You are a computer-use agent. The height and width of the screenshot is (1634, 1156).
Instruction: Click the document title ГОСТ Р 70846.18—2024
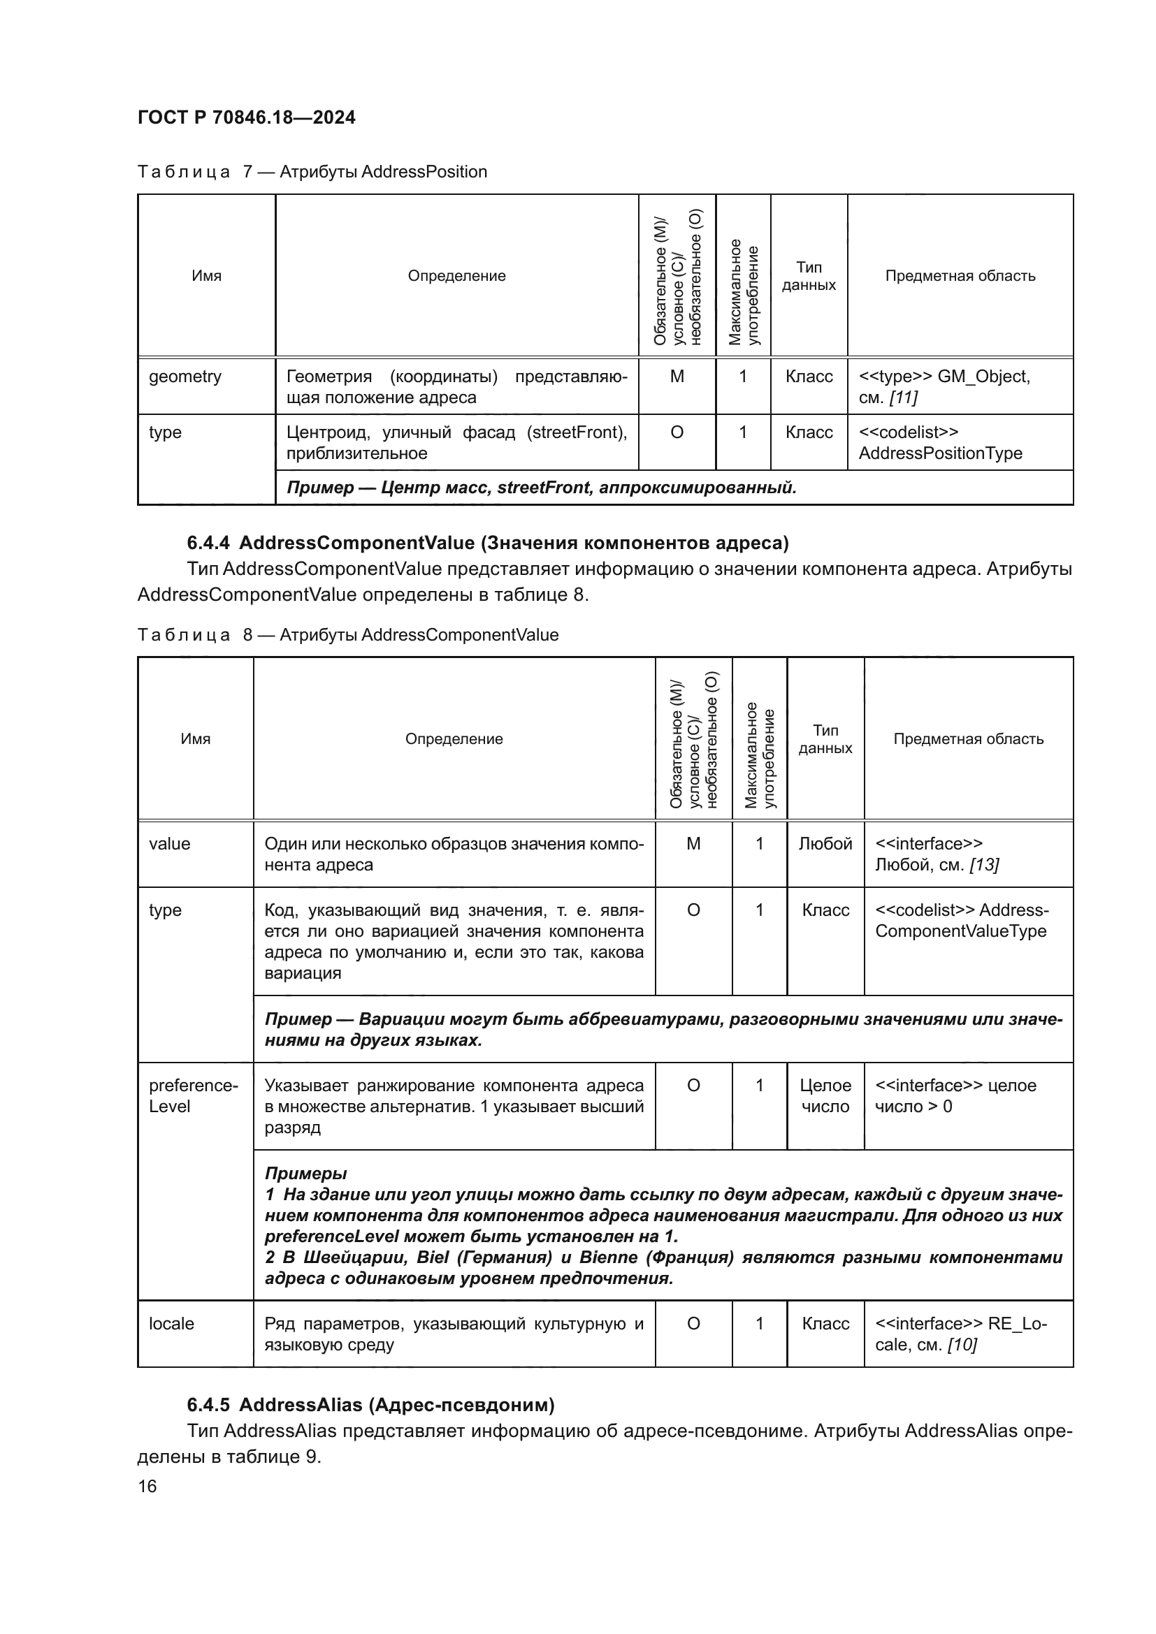pyautogui.click(x=246, y=117)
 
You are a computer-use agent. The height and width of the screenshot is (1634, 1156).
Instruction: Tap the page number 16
pyautogui.click(x=147, y=1486)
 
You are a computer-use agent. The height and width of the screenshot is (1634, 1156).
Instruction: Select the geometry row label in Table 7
pyautogui.click(x=185, y=377)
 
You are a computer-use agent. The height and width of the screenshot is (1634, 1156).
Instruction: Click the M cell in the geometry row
pyautogui.click(x=677, y=377)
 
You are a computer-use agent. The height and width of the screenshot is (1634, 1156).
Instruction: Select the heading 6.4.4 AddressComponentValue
pyautogui.click(x=488, y=543)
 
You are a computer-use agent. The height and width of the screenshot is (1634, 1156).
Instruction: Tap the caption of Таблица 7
pyautogui.click(x=312, y=172)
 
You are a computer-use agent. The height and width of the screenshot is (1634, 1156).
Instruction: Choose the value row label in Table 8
pyautogui.click(x=169, y=843)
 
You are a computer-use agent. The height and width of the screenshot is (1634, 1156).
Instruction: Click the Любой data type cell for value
pyautogui.click(x=825, y=843)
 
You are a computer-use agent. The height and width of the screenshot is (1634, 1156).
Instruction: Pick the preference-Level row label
pyautogui.click(x=193, y=1095)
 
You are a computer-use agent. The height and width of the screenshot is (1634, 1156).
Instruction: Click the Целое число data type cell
pyautogui.click(x=825, y=1095)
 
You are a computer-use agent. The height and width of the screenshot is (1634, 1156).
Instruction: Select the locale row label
pyautogui.click(x=171, y=1323)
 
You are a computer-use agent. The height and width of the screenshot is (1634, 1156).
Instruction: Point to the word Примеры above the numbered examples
pyautogui.click(x=306, y=1173)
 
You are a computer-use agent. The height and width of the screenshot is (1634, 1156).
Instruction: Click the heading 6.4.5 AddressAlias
pyautogui.click(x=370, y=1405)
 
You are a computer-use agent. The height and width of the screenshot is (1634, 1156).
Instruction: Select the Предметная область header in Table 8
pyautogui.click(x=968, y=738)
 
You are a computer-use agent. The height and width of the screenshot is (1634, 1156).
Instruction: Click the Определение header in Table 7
pyautogui.click(x=456, y=275)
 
